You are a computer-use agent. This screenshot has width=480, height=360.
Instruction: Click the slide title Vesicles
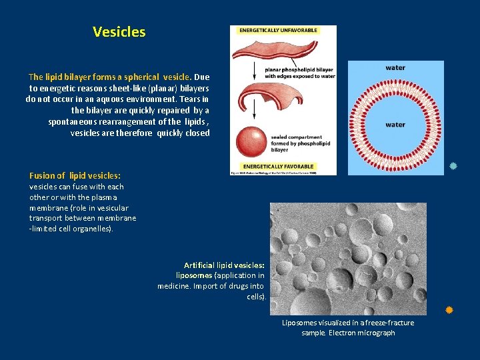[x=119, y=31]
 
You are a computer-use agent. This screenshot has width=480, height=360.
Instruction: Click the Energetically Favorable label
[x=279, y=165]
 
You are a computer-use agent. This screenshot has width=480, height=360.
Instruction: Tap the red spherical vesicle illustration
[x=251, y=141]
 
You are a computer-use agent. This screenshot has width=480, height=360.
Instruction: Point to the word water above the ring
[x=395, y=67]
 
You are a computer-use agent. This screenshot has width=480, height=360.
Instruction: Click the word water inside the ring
[x=395, y=124]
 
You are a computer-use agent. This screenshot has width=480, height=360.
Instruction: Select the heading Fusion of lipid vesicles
[x=75, y=175]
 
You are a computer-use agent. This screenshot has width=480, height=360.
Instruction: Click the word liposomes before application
[x=194, y=275]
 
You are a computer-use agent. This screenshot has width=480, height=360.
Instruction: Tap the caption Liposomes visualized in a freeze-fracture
[x=348, y=323]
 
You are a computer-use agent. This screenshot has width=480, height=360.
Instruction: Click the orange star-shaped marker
[x=449, y=310]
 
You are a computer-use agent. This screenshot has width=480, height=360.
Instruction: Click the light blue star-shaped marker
[x=453, y=165]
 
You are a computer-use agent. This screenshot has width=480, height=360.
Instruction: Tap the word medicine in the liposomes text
[x=175, y=286]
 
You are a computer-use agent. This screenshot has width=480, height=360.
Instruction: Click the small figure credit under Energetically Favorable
[x=273, y=173]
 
